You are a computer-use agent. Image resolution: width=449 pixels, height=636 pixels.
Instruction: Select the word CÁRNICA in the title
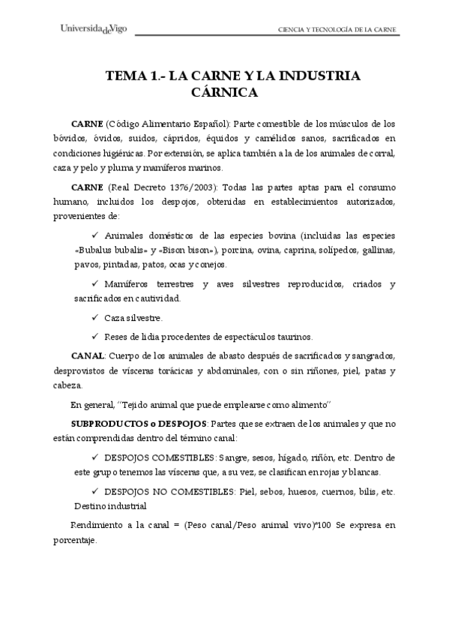click(x=224, y=93)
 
